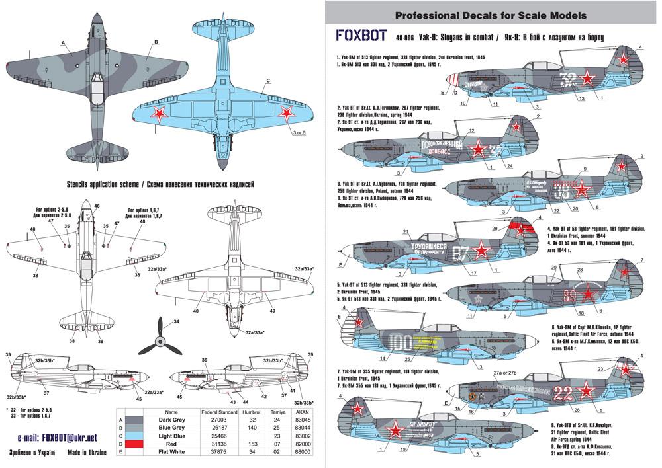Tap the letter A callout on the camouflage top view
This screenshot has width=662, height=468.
[64, 43]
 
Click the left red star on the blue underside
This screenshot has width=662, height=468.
[160, 114]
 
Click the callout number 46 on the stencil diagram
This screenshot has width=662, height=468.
[97, 206]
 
